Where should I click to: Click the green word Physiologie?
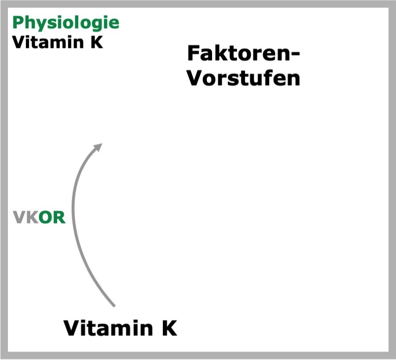pos(66,23)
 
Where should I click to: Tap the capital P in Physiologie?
pos(18,22)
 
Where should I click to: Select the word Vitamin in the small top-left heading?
pos(48,42)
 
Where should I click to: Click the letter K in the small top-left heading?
pos(97,42)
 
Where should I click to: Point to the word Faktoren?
pos(239,53)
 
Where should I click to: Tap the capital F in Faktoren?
pos(193,53)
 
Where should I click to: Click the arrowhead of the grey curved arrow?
pos(99,147)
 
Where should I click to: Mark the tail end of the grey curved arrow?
pos(114,306)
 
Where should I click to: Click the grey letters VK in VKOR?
pos(26,217)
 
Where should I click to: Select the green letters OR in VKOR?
pos(52,217)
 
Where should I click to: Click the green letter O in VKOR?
pos(46,217)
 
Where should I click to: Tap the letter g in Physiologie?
pos(95,25)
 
